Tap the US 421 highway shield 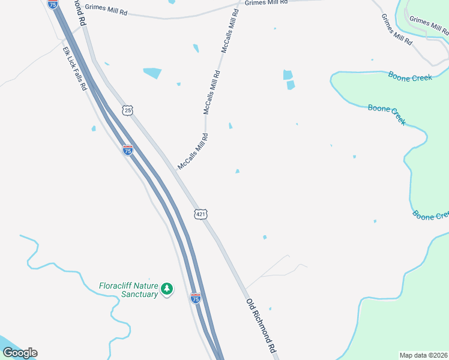pos(200,214)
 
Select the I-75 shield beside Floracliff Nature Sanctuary pos(195,298)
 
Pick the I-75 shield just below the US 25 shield pos(127,151)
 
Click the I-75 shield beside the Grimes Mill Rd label pos(53,4)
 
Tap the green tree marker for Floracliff pos(167,290)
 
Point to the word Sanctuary pos(139,294)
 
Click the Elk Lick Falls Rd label pos(75,68)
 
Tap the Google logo pos(19,353)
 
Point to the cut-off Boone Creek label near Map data pos(431,215)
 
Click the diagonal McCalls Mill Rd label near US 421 pos(193,152)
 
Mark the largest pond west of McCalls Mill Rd pos(152,73)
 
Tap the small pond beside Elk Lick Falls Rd pos(94,128)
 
